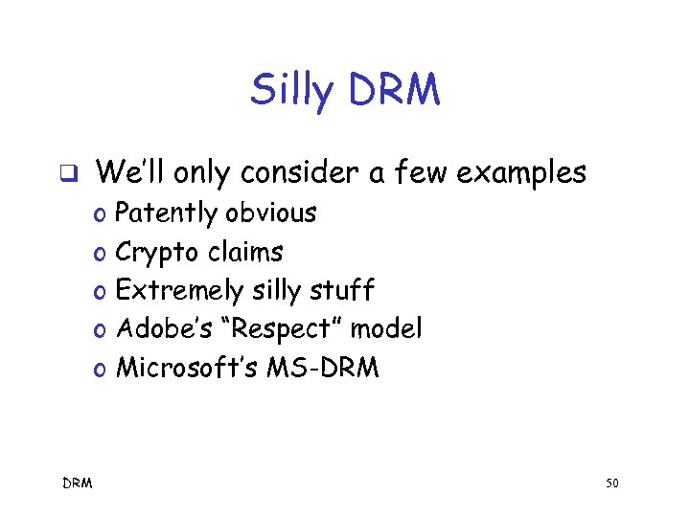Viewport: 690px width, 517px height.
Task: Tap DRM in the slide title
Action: (394, 90)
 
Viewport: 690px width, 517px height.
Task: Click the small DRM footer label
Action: (78, 484)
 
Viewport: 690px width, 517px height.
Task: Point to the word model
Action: (385, 329)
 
